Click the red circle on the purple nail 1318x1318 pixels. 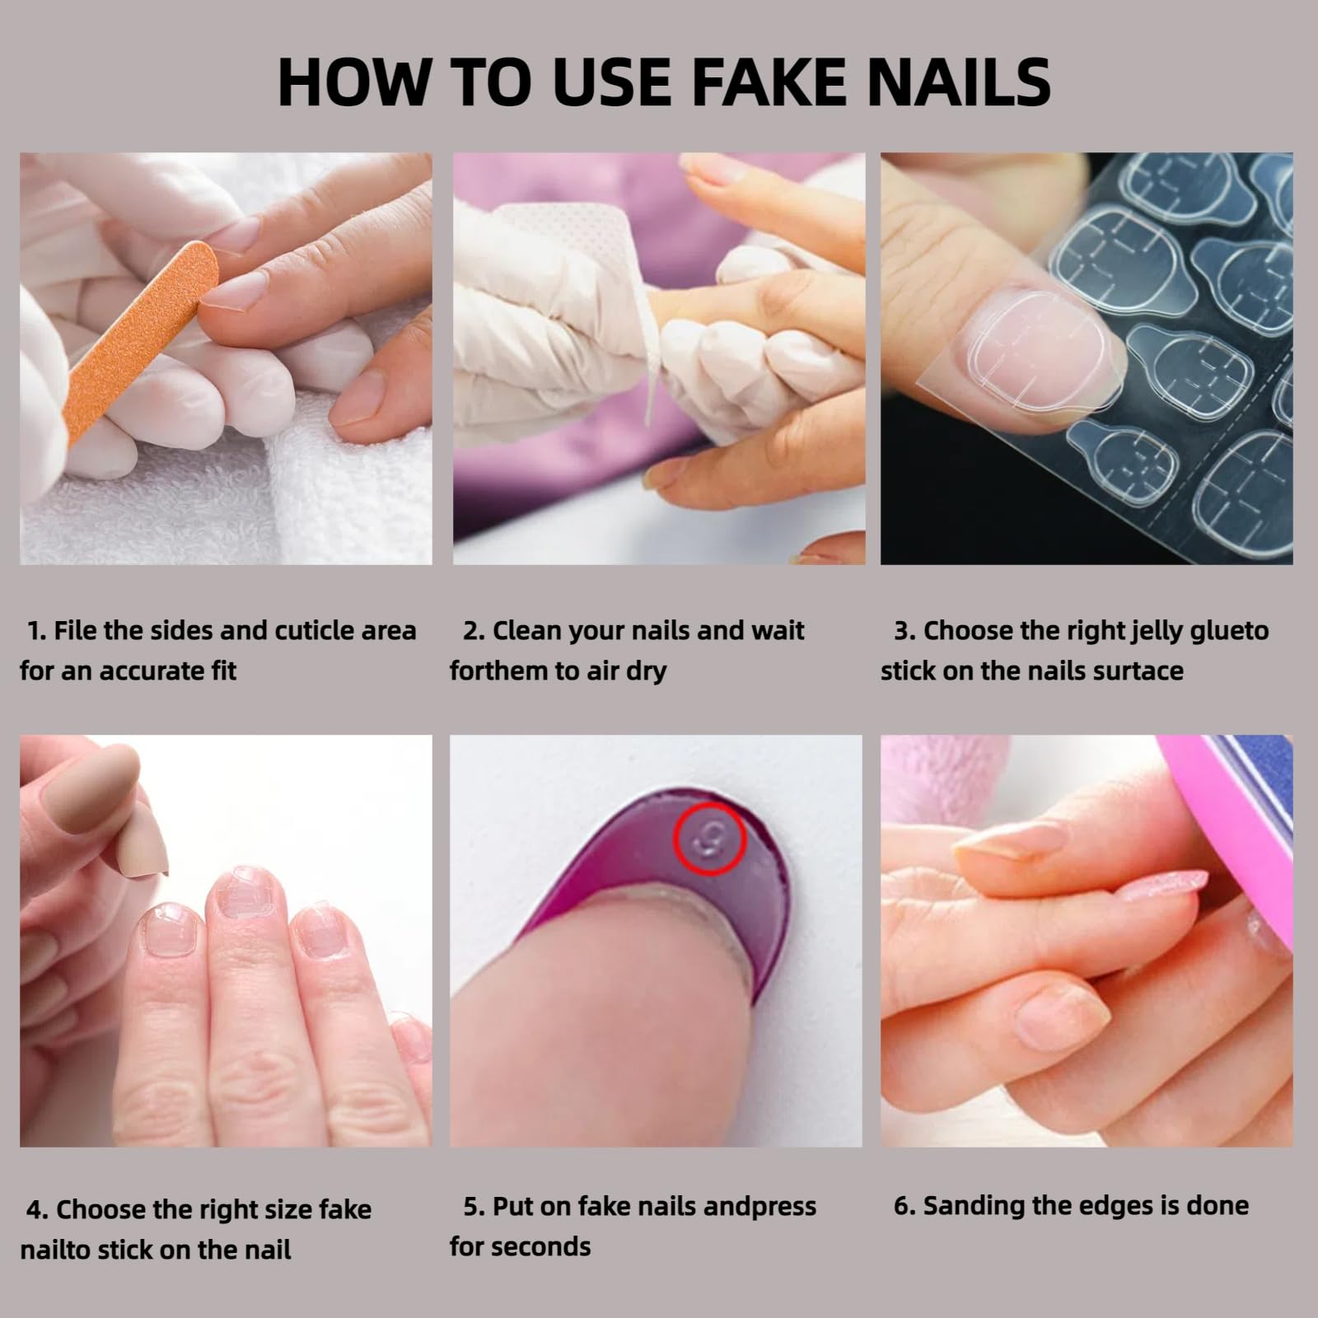[x=709, y=840]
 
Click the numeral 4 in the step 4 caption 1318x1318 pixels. [x=36, y=1210]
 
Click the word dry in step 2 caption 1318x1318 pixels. [x=645, y=671]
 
